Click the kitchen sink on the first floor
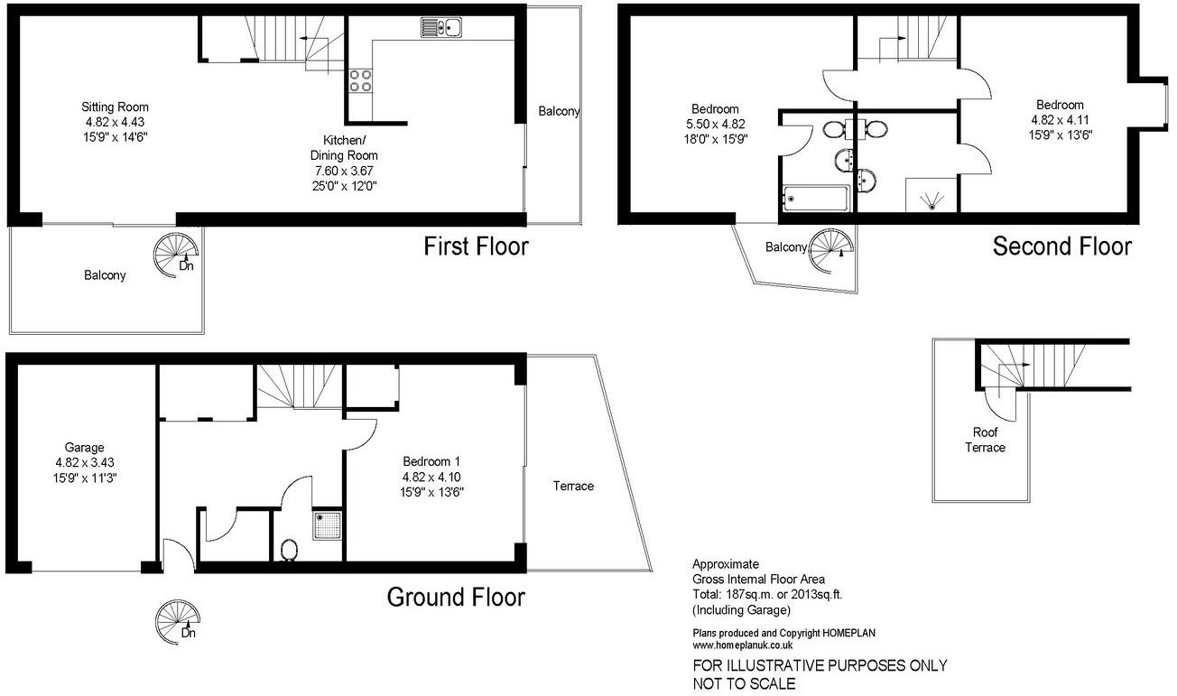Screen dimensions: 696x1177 coord(441,28)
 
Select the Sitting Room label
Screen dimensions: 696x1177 coord(116,107)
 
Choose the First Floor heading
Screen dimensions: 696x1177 coord(476,246)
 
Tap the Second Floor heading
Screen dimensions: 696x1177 coord(1061,246)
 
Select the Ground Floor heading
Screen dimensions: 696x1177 coord(455,597)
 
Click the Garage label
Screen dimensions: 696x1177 coord(84,447)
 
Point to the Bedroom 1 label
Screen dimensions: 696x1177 coord(432,462)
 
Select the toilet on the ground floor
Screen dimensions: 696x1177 coord(290,549)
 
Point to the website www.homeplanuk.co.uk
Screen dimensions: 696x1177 coord(742,645)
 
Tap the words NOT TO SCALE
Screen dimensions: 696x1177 coord(744,683)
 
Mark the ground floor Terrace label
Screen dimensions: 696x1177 coord(573,487)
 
